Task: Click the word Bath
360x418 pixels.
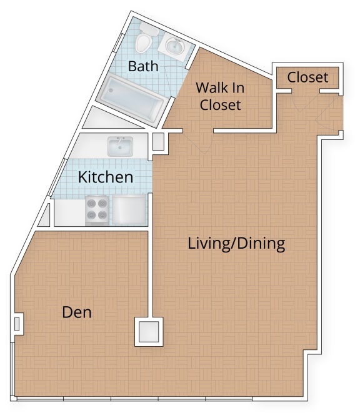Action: coord(143,66)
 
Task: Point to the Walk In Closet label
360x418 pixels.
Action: coord(219,96)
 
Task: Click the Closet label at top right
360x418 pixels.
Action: coord(307,77)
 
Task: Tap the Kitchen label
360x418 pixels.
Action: coord(105,177)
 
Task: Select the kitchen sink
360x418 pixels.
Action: coord(121,147)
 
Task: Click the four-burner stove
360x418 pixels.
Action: coord(97,210)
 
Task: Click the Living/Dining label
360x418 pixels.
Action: coord(236,243)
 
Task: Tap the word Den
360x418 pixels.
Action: coord(77,312)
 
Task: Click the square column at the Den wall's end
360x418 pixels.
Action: coord(149,332)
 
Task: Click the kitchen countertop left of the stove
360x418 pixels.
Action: coord(69,212)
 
